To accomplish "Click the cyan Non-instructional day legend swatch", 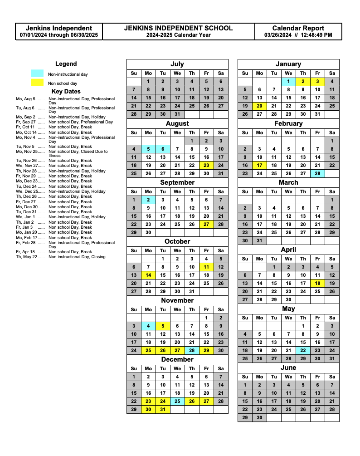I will point(37,74).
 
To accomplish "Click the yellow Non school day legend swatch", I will point(37,83).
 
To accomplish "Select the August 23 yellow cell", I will point(206,166).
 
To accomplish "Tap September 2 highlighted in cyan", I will point(148,200).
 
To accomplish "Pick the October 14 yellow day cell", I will point(148,275).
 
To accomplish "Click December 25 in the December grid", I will point(177,401).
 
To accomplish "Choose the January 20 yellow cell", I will point(259,106).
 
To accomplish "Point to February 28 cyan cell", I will point(317,173).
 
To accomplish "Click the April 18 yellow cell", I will point(317,283).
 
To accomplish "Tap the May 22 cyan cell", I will point(303,350).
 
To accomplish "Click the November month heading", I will point(177,300).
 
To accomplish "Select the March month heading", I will point(288,182).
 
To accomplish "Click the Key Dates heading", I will point(66,91).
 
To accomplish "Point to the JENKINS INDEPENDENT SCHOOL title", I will point(178,28).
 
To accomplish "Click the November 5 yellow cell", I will point(163,326).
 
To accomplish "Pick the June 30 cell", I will point(259,418).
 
